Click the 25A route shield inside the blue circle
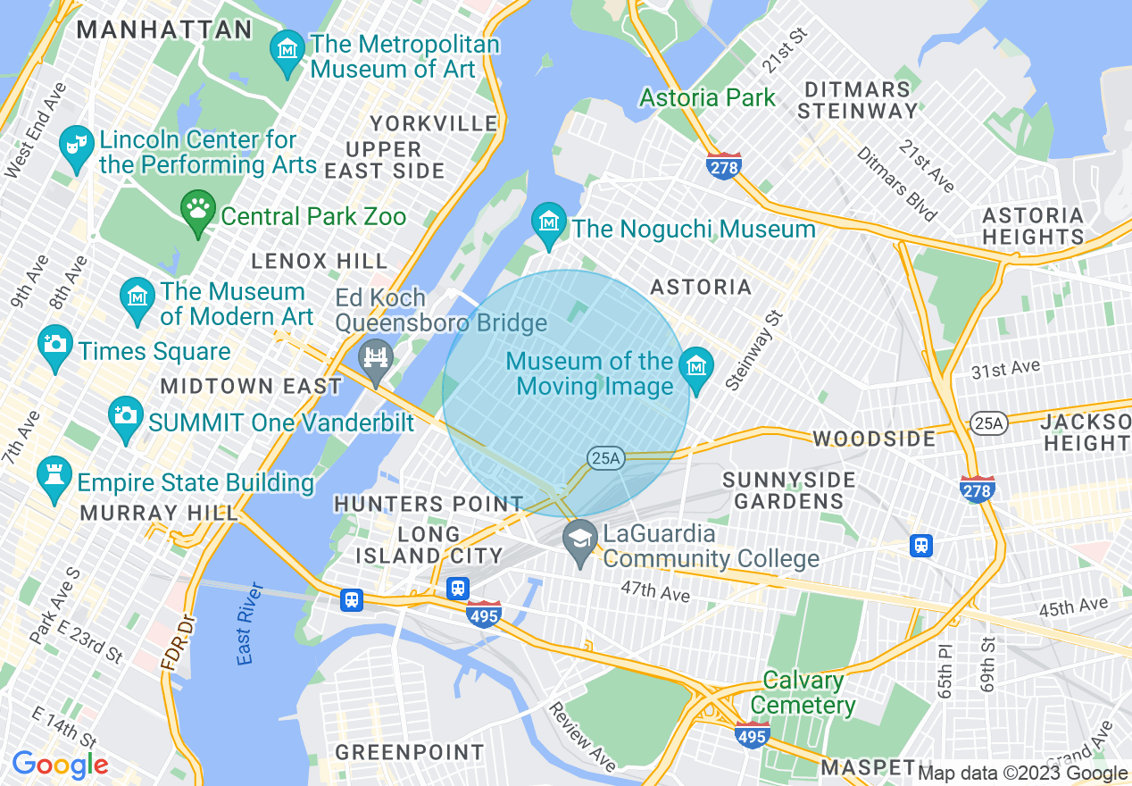[x=604, y=458]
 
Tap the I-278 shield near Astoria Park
[x=723, y=167]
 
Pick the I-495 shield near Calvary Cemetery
[x=753, y=735]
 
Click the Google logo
[x=60, y=765]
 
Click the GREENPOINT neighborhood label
[x=410, y=752]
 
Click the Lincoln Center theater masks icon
[x=77, y=146]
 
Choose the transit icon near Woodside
[x=921, y=544]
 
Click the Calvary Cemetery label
[x=803, y=693]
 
